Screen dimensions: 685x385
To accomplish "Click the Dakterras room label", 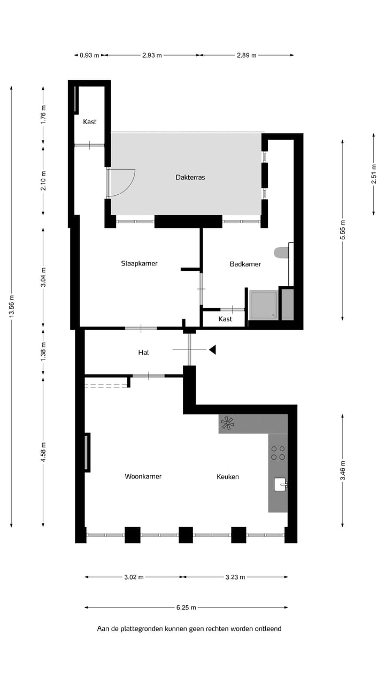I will (190, 177).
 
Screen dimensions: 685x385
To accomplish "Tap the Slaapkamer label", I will (139, 263).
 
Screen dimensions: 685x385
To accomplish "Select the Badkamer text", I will (245, 264).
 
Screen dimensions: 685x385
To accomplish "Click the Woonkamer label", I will (143, 476).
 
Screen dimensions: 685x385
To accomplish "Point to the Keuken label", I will (228, 476).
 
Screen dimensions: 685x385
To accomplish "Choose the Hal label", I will (143, 353).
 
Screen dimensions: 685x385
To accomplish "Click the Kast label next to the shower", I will (225, 319).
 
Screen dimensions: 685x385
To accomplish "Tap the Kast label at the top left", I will (90, 122).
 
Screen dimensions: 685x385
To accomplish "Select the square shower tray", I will (263, 305).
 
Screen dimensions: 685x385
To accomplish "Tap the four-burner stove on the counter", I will (278, 453).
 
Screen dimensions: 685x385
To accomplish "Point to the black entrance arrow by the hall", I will (212, 350).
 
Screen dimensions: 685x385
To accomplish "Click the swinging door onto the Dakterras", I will (122, 182).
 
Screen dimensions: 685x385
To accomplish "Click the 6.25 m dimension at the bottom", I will (186, 607).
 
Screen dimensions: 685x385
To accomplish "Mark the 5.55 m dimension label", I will (343, 229).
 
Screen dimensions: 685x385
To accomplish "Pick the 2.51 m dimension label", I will (374, 174).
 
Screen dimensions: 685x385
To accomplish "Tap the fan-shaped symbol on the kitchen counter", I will (228, 424).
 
